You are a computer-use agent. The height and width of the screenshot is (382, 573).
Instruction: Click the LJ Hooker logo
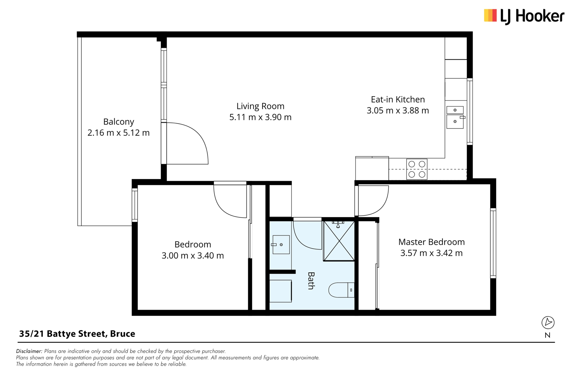[x=524, y=16]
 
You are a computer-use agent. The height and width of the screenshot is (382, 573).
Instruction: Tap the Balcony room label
[x=118, y=122]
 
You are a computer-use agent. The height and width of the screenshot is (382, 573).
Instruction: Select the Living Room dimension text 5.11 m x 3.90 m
[x=260, y=117]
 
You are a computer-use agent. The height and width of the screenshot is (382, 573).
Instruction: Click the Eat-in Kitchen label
[x=398, y=99]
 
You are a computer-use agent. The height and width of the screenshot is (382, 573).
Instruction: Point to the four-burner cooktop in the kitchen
[x=417, y=169]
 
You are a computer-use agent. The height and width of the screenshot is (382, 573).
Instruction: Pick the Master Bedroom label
[x=431, y=242]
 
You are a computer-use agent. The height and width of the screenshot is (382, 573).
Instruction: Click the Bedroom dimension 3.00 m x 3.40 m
[x=192, y=255]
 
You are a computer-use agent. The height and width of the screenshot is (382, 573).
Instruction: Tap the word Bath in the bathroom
[x=311, y=281]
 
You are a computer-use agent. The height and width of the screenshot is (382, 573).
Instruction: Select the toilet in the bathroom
[x=341, y=290]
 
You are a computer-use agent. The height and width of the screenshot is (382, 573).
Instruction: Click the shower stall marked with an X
[x=339, y=241]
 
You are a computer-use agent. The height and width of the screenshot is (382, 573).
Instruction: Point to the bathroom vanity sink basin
[x=281, y=245]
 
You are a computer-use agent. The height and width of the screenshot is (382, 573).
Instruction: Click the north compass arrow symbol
[x=548, y=323]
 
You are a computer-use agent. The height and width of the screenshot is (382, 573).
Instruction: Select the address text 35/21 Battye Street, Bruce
[x=77, y=334]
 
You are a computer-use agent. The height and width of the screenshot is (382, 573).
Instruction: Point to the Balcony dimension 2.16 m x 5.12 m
[x=118, y=133]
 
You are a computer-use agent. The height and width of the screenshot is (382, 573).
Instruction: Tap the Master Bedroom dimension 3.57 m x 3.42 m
[x=431, y=253]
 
